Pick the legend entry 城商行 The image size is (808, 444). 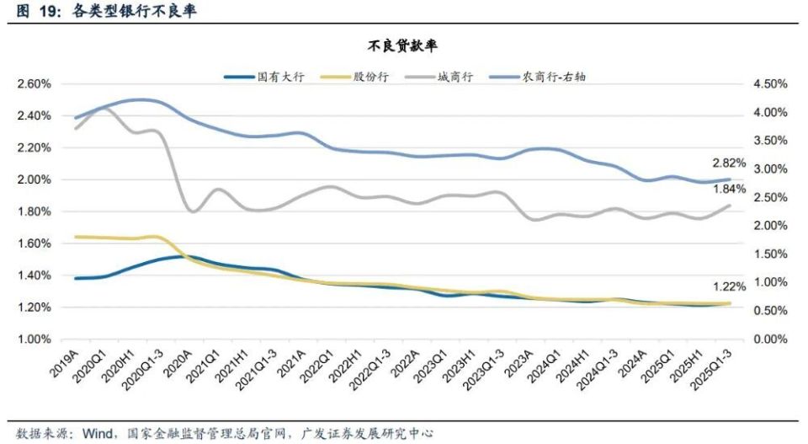(454, 77)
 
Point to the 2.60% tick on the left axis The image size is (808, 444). (35, 84)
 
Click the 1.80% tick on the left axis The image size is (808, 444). (35, 211)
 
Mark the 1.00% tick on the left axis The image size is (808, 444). (35, 340)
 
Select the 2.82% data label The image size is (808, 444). (730, 163)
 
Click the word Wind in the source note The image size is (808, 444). (94, 433)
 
